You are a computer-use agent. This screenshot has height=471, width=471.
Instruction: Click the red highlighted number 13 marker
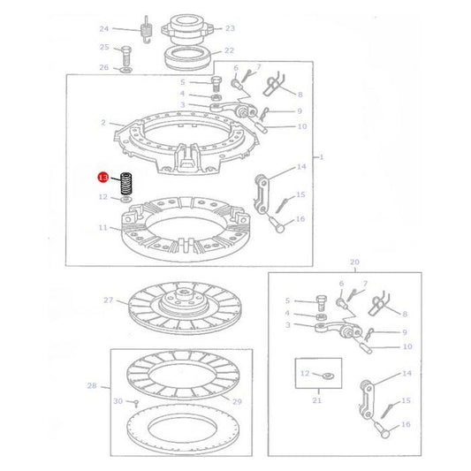[x=103, y=178]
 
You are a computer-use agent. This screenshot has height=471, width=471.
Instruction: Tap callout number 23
[x=231, y=28]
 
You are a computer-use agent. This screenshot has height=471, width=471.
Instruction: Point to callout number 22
[x=229, y=51]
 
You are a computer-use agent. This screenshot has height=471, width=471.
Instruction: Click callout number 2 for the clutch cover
[x=103, y=123]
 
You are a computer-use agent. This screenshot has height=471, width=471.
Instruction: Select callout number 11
[x=103, y=228]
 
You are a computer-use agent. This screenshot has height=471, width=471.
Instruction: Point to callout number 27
[x=109, y=300]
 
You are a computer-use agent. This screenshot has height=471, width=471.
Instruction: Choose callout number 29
[x=236, y=402]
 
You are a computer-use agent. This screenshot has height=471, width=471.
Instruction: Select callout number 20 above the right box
[x=355, y=262]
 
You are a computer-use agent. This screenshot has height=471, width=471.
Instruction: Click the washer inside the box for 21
[x=326, y=376]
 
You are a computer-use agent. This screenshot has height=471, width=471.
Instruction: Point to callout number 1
[x=322, y=157]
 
